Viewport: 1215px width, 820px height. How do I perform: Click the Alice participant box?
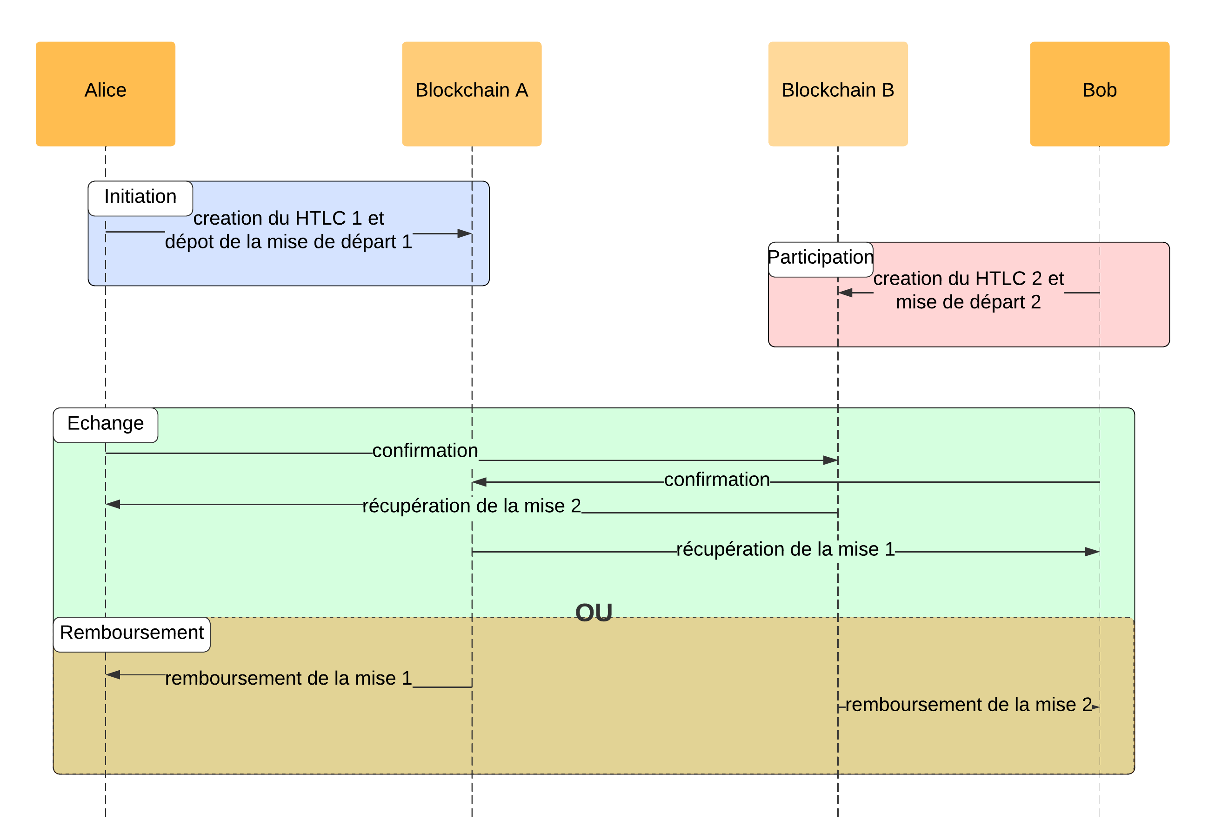tap(105, 93)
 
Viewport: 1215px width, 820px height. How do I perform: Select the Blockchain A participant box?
tap(471, 93)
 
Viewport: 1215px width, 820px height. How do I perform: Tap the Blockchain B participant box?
tap(838, 93)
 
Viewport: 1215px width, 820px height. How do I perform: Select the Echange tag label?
tap(105, 424)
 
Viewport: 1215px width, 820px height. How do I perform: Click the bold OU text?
tap(594, 613)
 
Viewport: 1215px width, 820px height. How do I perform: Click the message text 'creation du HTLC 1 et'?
tap(288, 219)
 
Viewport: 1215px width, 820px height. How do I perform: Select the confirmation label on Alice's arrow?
tap(425, 451)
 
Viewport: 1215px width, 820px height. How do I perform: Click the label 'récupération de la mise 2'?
tap(471, 506)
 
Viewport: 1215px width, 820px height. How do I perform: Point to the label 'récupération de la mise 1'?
tap(785, 549)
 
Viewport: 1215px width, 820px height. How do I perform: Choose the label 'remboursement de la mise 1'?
tap(288, 678)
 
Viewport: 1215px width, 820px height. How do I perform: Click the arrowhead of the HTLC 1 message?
tap(464, 233)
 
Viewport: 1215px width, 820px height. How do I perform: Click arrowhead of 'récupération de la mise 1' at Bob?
tap(1092, 552)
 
